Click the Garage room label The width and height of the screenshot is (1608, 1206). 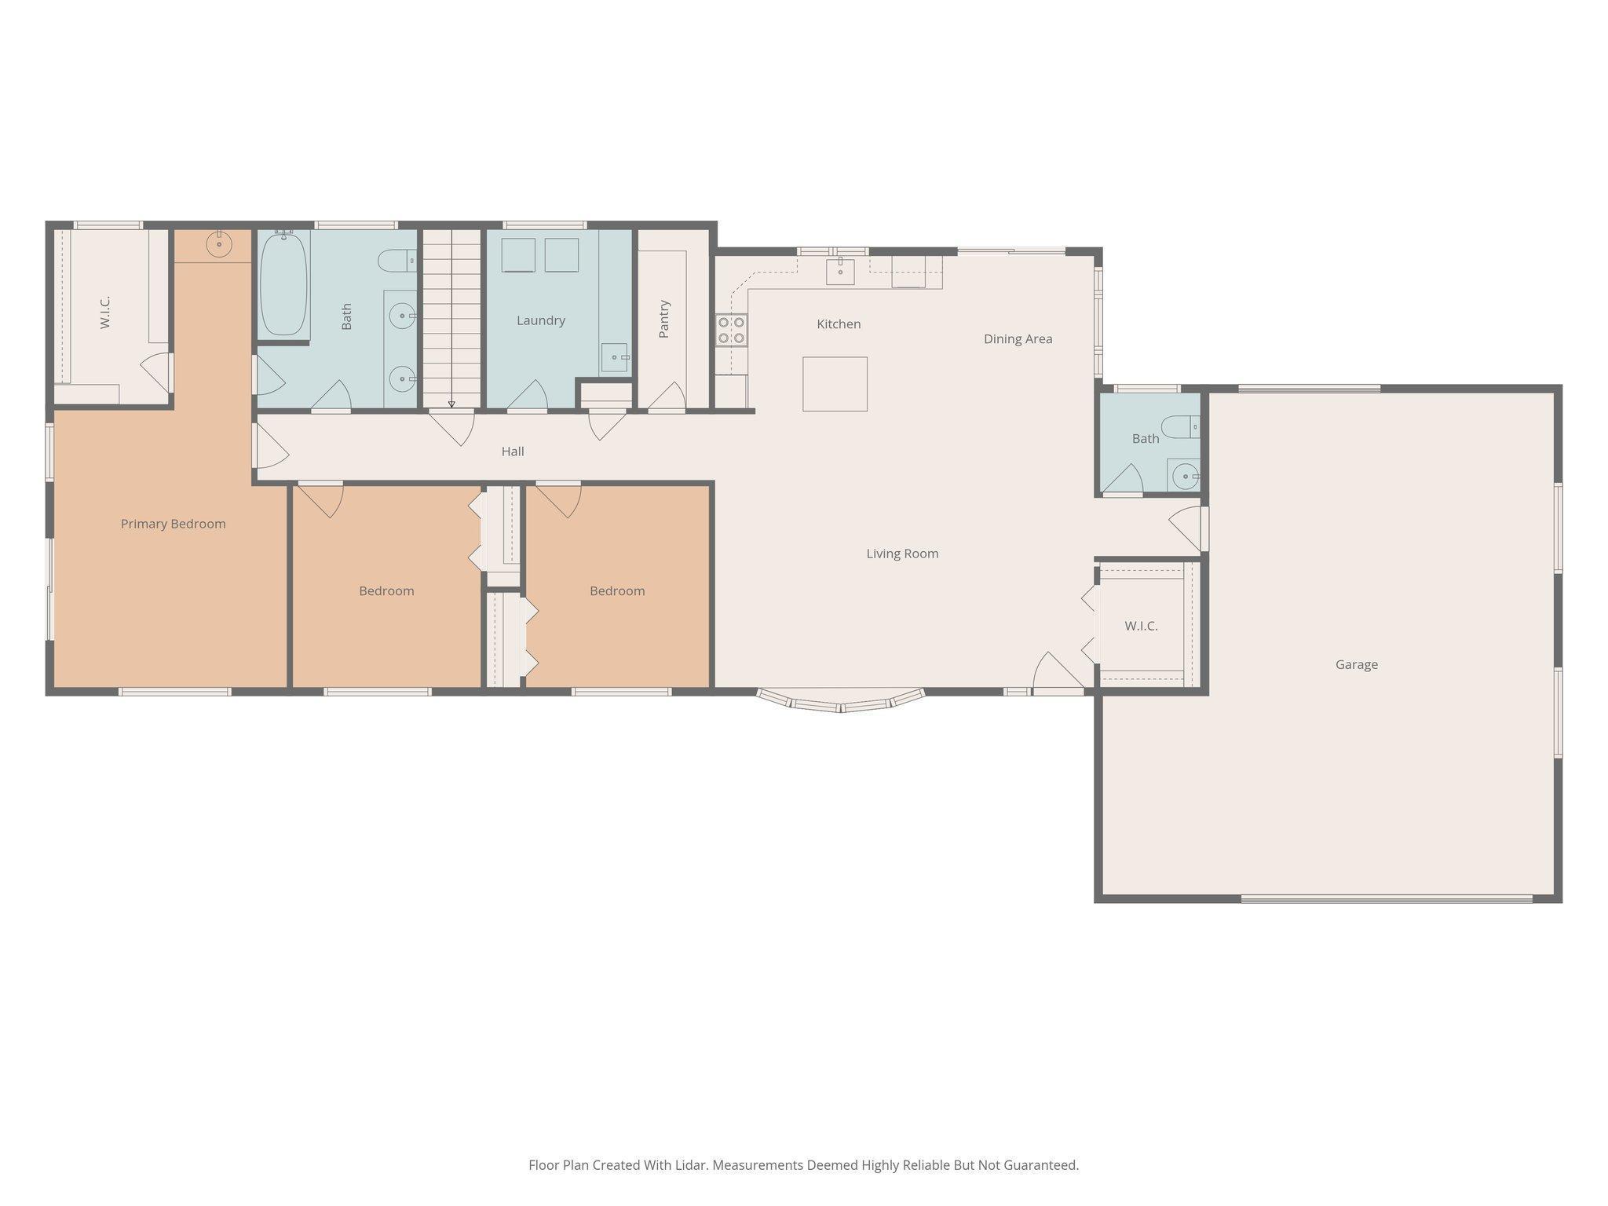(1356, 664)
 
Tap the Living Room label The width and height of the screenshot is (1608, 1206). (902, 554)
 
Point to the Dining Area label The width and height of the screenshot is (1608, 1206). (1018, 339)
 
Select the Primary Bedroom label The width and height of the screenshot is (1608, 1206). (173, 524)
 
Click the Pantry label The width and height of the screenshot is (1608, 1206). (664, 319)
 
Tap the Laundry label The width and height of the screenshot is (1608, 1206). (541, 320)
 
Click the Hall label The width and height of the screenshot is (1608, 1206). (513, 451)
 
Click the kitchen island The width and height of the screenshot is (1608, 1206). (835, 384)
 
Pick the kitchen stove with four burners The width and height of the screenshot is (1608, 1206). (731, 330)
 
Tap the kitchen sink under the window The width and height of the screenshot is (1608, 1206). (840, 270)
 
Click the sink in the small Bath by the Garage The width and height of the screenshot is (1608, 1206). (1184, 475)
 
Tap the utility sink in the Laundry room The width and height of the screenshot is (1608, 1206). (615, 357)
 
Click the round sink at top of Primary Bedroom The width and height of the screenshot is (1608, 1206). (219, 244)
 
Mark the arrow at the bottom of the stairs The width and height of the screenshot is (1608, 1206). (451, 404)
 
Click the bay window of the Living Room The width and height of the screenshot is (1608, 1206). (840, 701)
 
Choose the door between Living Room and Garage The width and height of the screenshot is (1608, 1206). (1188, 528)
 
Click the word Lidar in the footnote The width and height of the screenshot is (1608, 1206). (692, 1165)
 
